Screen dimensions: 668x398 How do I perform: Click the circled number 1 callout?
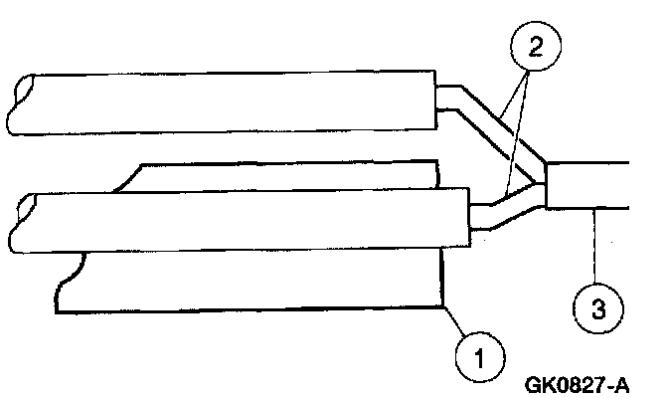pos(481,353)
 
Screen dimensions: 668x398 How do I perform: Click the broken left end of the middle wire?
pos(22,221)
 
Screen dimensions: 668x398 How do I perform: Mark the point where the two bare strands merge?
pos(543,184)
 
